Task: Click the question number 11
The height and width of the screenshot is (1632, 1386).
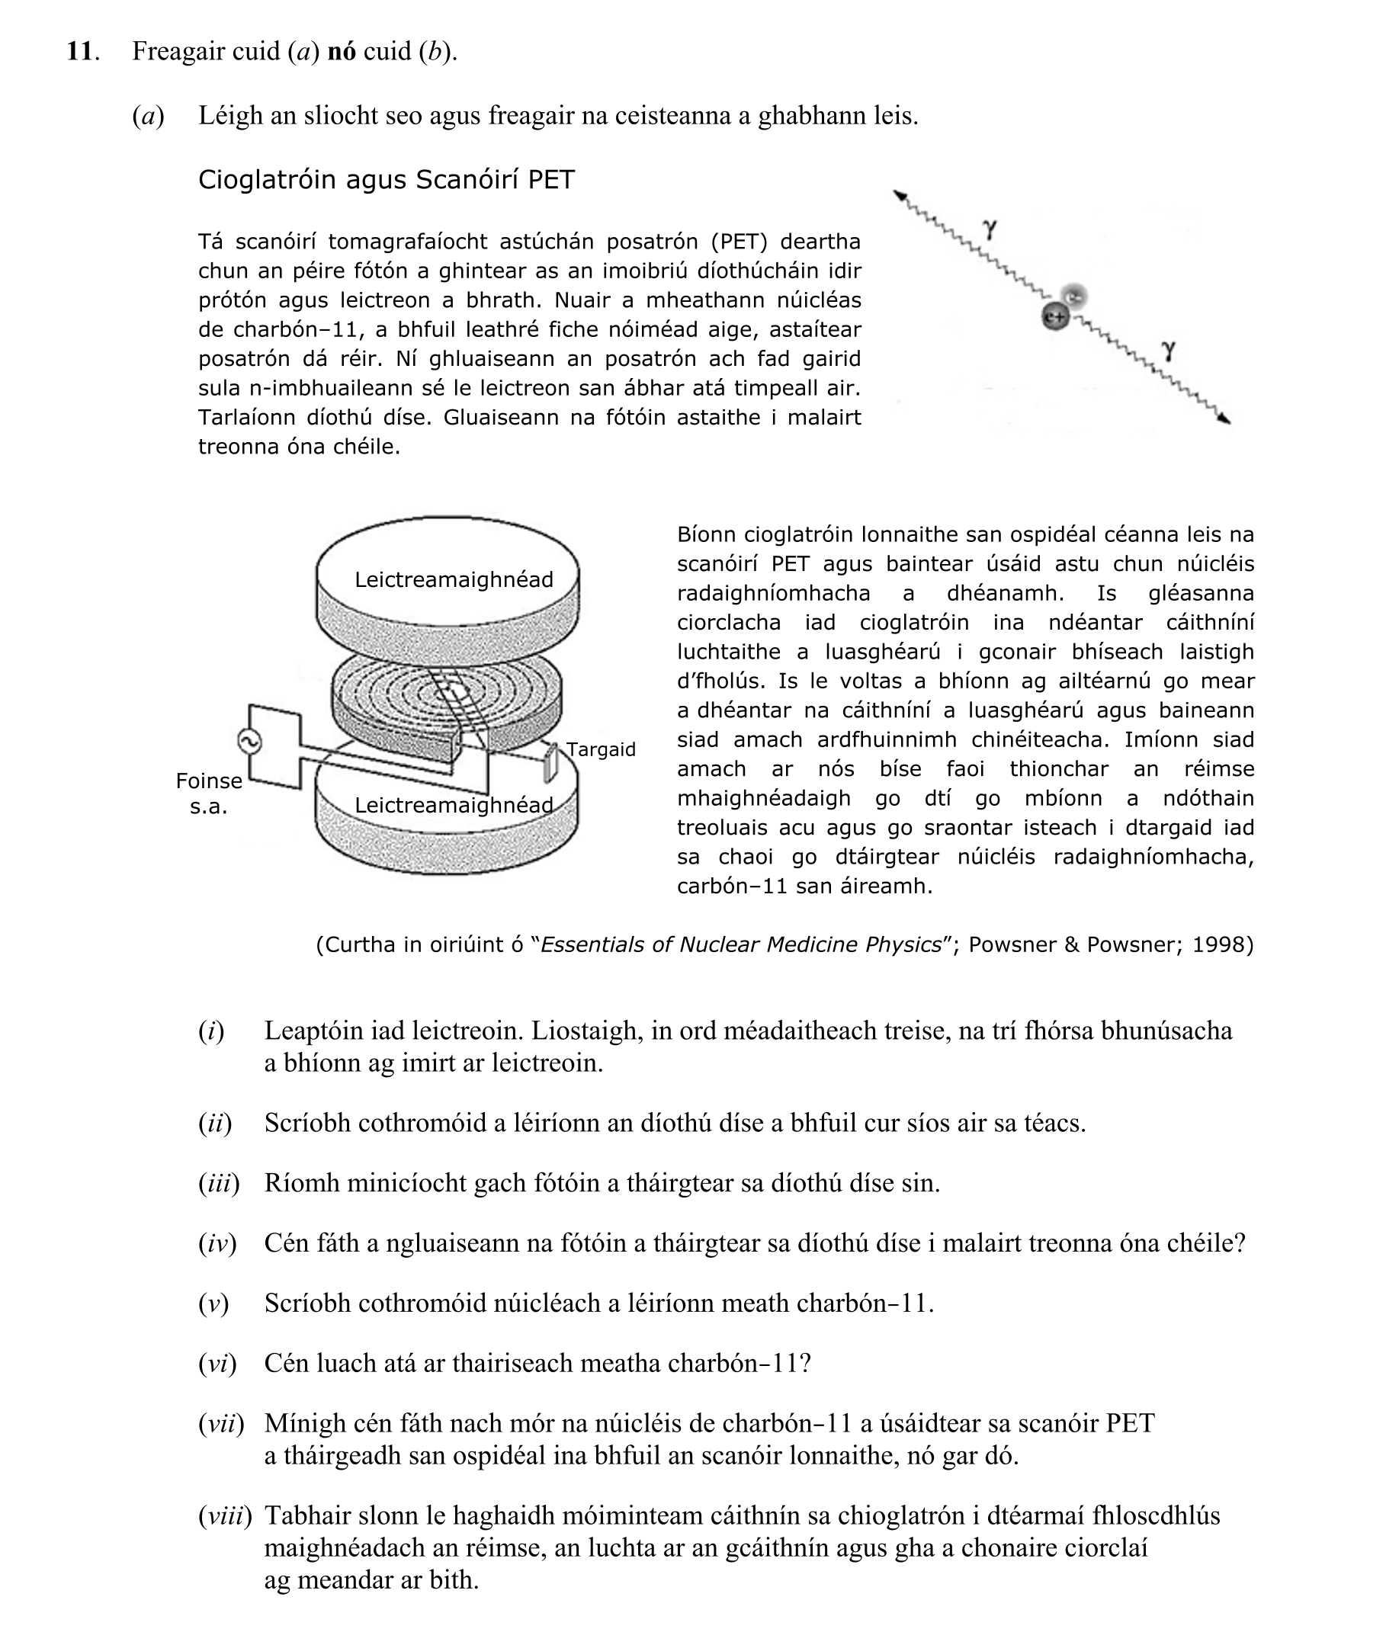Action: pos(80,51)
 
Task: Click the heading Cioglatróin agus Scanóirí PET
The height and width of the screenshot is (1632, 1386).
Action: pos(386,179)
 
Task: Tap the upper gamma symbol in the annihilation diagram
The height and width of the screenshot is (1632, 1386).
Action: pos(990,229)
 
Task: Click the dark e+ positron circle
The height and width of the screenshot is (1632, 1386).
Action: pos(1055,317)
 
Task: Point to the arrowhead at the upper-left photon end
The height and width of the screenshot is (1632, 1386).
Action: pos(900,196)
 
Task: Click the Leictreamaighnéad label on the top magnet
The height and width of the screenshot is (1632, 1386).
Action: pos(454,579)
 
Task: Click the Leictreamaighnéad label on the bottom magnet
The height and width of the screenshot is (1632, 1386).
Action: pos(454,805)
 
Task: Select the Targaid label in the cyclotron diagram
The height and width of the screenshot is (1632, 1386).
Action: pos(600,749)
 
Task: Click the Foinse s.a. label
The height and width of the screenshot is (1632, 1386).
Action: pos(208,794)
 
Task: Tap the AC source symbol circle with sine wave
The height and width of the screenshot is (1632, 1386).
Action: pos(249,741)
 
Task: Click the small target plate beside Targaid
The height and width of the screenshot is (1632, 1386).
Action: pos(550,762)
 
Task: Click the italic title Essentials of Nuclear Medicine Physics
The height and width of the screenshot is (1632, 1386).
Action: pos(741,944)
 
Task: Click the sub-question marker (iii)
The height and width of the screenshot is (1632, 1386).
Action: pos(219,1183)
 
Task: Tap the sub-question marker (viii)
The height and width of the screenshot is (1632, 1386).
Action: pos(225,1515)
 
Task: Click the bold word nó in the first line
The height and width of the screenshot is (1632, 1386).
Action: pos(341,51)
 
